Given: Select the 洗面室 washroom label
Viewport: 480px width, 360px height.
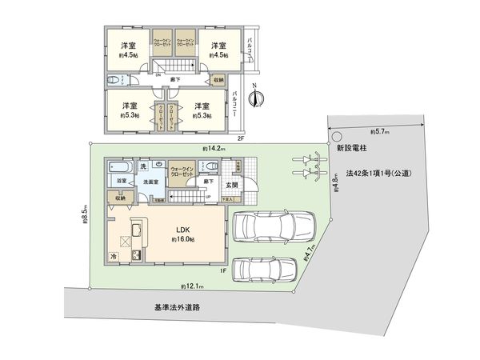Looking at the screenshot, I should (150, 182).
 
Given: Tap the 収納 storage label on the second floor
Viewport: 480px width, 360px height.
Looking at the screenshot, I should (217, 79).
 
